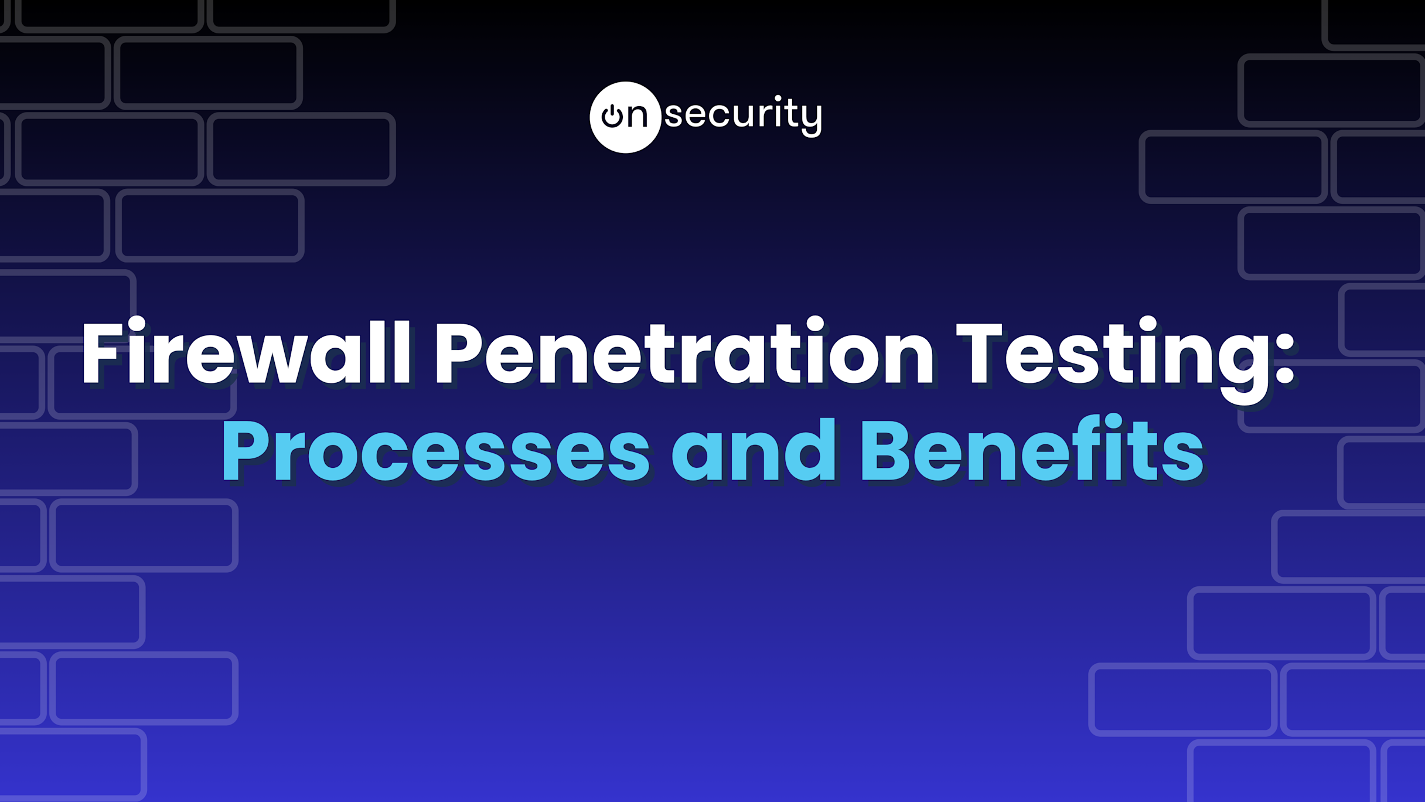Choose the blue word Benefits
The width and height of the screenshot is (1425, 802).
coord(1032,448)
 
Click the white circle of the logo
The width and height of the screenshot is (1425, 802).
coord(625,117)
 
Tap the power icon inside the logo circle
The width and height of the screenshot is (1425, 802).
coord(612,116)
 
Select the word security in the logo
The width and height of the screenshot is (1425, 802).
coord(744,115)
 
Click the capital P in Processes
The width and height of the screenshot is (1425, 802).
coord(246,451)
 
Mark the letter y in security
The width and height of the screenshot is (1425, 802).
coord(811,120)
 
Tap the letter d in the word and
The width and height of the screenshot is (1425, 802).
coord(809,449)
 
